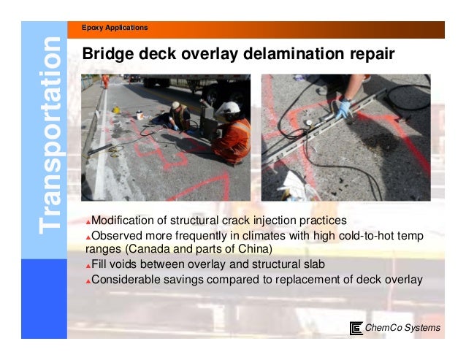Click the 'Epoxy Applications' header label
(117, 28)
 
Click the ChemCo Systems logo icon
(356, 328)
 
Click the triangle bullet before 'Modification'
(88, 222)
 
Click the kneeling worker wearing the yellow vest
(177, 115)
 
